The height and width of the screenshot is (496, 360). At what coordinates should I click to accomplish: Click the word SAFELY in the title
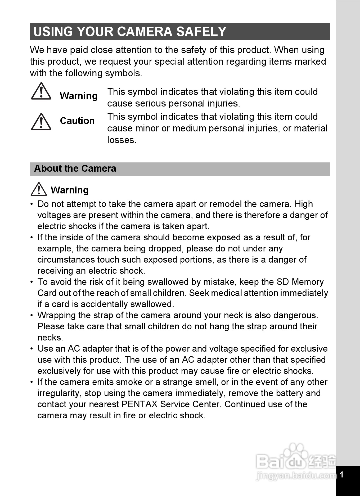coord(201,32)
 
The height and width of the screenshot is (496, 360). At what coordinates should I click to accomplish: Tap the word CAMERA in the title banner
coord(145,32)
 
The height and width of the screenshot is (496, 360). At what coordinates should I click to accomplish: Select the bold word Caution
coord(77,121)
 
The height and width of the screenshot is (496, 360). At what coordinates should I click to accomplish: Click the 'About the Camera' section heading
coord(75,169)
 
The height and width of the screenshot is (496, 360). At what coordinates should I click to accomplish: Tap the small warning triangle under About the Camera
coord(39,189)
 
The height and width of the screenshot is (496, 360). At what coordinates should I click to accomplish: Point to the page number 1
coord(341,475)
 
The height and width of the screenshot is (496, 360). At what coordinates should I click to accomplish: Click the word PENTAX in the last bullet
coord(139,404)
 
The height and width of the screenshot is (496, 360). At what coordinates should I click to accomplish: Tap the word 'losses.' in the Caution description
coord(122,140)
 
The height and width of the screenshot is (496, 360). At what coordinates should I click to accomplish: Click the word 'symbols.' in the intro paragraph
coord(124,73)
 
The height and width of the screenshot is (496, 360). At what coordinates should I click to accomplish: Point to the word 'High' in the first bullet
coord(304,204)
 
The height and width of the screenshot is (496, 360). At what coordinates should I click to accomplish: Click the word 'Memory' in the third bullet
coord(308,282)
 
